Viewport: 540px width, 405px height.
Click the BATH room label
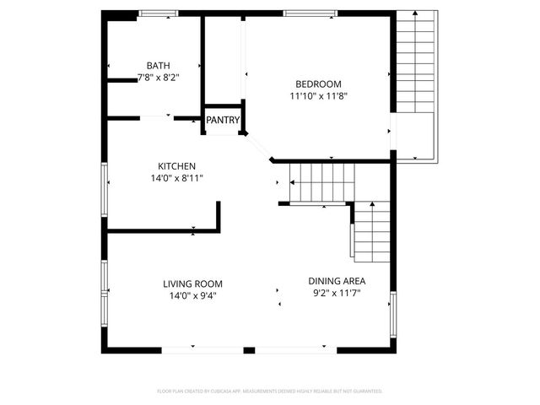click(158, 66)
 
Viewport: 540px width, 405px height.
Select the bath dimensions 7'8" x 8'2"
click(158, 78)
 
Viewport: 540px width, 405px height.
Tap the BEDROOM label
click(318, 84)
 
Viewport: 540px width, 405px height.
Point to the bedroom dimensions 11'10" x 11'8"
click(318, 96)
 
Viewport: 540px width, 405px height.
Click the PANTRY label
click(223, 121)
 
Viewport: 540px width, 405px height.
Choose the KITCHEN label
click(177, 166)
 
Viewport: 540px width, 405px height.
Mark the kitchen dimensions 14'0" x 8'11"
click(177, 178)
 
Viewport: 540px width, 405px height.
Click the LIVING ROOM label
click(192, 284)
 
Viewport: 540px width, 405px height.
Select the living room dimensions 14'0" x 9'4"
click(192, 296)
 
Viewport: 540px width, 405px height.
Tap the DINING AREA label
click(337, 281)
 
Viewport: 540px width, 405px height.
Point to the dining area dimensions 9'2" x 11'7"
click(337, 293)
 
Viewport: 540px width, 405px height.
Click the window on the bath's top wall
click(158, 13)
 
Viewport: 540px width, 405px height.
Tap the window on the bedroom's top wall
click(310, 13)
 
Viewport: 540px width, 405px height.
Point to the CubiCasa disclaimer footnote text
click(270, 391)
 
